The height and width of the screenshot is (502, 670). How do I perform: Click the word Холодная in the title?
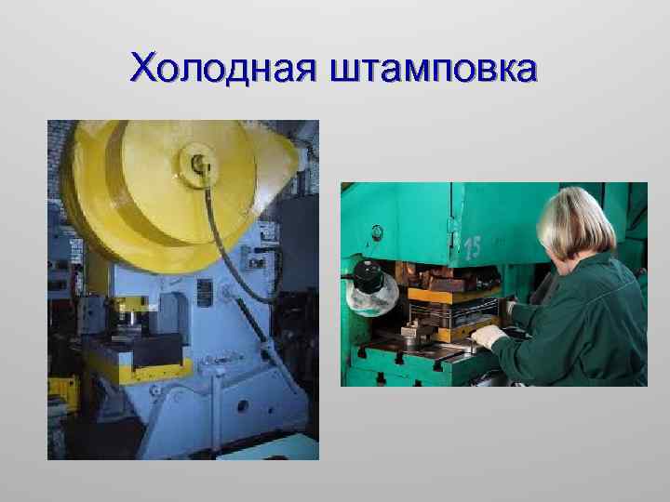[223, 69]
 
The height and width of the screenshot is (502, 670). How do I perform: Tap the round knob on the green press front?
[409, 329]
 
